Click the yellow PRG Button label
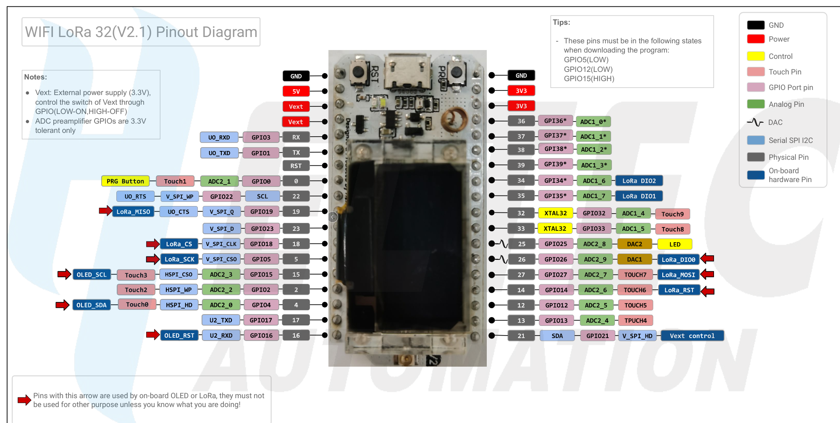click(x=125, y=181)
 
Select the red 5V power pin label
click(x=296, y=91)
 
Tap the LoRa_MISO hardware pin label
click(x=133, y=212)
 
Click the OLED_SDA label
click(x=91, y=305)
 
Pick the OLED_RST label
click(x=179, y=336)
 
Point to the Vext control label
click(x=692, y=336)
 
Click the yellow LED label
click(x=675, y=244)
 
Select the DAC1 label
click(x=634, y=259)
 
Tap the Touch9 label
click(x=672, y=214)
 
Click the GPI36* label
click(x=555, y=121)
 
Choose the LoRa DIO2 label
click(x=639, y=181)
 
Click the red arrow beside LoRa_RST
click(x=708, y=291)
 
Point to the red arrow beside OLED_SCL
click(x=64, y=275)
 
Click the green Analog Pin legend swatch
click(x=756, y=104)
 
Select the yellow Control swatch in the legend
click(x=756, y=56)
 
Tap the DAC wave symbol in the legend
click(x=755, y=122)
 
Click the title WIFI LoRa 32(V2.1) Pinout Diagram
click(x=141, y=32)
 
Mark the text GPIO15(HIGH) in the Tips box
click(x=589, y=79)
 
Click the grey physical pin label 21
click(x=521, y=336)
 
